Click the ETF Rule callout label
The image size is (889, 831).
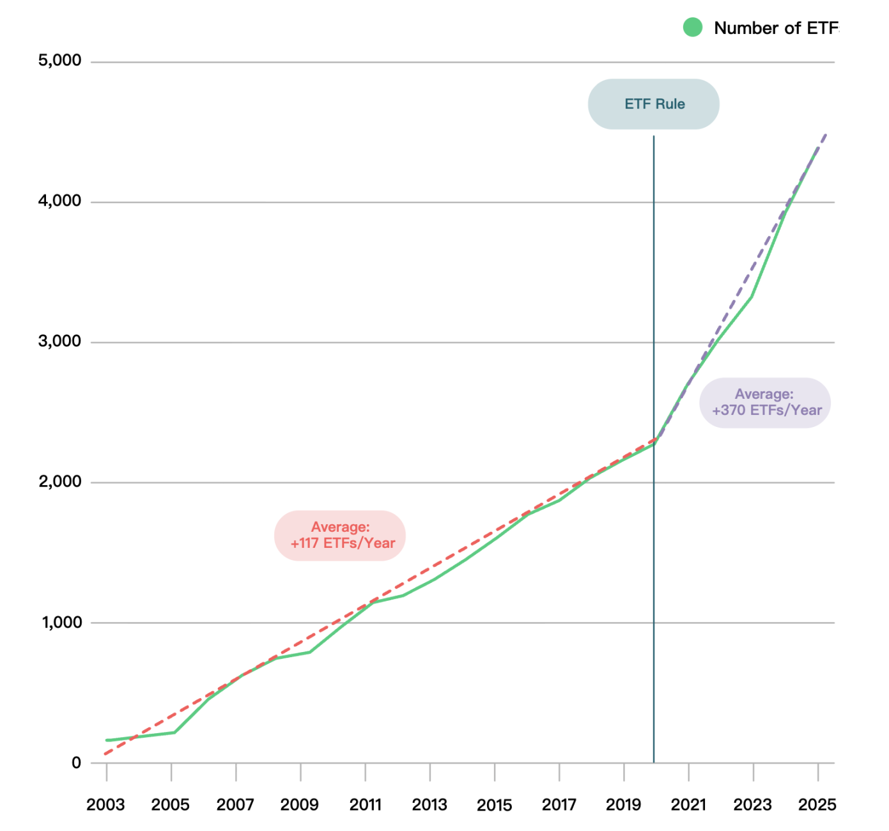coord(654,104)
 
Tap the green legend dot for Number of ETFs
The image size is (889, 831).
coord(693,27)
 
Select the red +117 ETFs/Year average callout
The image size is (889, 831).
coord(340,536)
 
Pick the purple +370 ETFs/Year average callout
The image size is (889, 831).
coord(765,403)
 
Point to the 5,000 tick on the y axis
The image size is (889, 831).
coord(60,61)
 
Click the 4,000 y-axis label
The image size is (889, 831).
coord(60,201)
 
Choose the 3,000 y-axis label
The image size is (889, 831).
coord(60,341)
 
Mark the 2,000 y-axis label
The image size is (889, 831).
coord(60,481)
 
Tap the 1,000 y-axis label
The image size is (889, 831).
coord(61,622)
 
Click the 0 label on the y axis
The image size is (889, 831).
coord(77,763)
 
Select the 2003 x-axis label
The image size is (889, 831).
coord(105,805)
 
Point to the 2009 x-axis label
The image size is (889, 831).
coord(299,805)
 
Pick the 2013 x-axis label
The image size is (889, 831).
coord(429,805)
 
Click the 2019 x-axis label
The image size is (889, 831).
coord(623,805)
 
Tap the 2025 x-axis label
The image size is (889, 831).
coord(817,805)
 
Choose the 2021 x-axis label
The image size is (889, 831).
coord(688,805)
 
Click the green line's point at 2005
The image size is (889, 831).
coord(174,732)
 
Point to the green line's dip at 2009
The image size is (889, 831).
coord(310,652)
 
